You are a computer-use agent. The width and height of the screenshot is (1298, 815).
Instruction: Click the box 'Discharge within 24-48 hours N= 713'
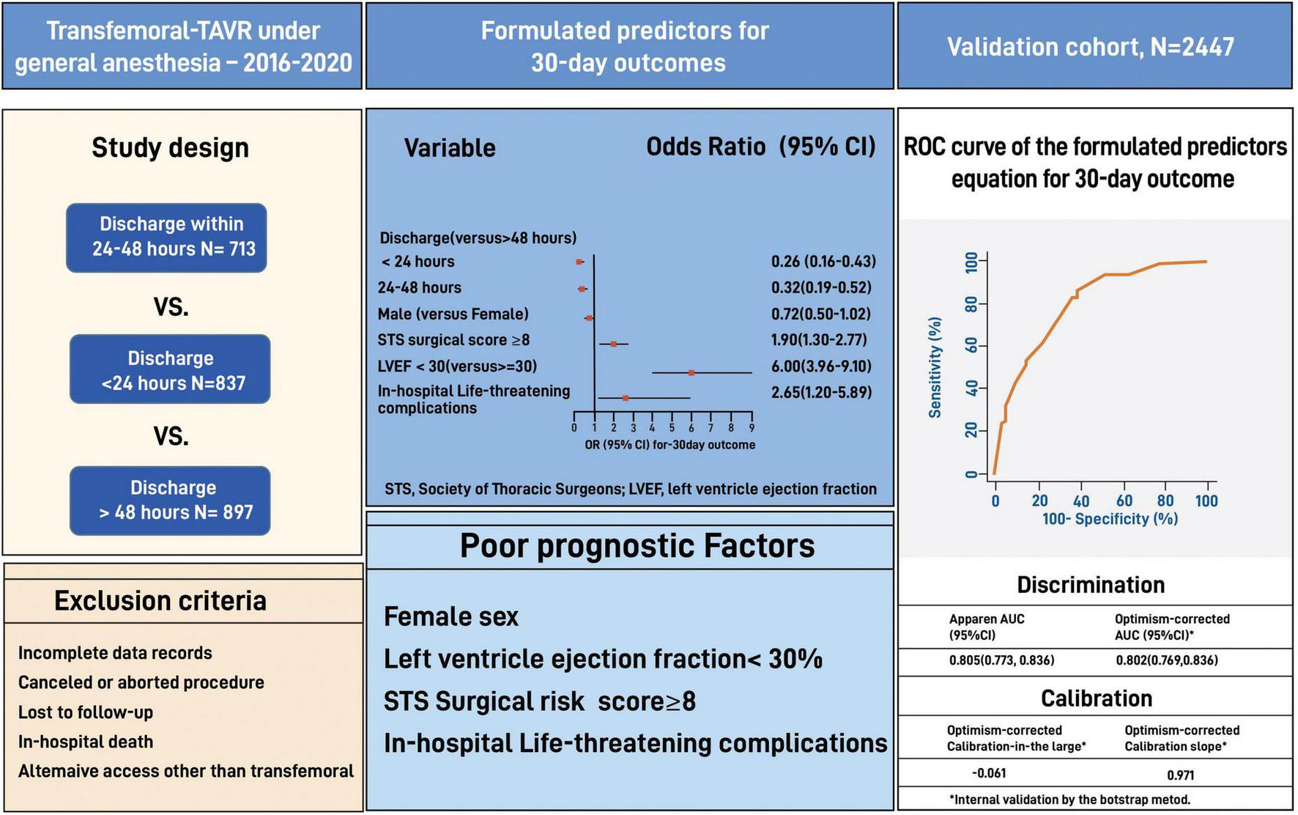point(166,237)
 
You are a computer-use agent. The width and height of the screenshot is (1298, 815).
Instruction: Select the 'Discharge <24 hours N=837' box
point(170,369)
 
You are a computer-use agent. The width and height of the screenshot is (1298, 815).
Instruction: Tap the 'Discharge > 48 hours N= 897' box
point(170,501)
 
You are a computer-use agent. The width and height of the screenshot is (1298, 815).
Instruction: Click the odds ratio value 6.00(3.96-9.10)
point(821,366)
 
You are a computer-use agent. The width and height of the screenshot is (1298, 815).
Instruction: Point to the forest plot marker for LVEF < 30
point(691,373)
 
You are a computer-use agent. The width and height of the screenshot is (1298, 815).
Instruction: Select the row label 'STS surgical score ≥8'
point(453,340)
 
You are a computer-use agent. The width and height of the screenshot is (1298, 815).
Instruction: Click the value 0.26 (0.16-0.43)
point(823,262)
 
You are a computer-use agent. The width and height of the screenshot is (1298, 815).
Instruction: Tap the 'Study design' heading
point(170,148)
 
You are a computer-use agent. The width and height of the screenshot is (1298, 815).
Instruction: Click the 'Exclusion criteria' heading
point(160,601)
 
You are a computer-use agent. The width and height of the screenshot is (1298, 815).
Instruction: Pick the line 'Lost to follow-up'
point(86,712)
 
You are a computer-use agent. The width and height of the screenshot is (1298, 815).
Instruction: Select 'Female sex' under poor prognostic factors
point(450,617)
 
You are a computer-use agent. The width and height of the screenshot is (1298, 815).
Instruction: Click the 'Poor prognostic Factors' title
point(637,546)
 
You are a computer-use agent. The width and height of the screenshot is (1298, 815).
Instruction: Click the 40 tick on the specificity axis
point(1080,501)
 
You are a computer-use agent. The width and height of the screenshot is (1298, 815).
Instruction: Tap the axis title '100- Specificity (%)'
point(1110,519)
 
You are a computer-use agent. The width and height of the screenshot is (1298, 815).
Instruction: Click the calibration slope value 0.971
point(1181,775)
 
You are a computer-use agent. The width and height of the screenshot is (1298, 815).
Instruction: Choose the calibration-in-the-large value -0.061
point(989,773)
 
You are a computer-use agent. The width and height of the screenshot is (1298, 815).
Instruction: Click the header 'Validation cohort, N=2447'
point(1091,47)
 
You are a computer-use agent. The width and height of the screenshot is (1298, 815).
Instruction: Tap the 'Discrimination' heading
point(1091,585)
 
